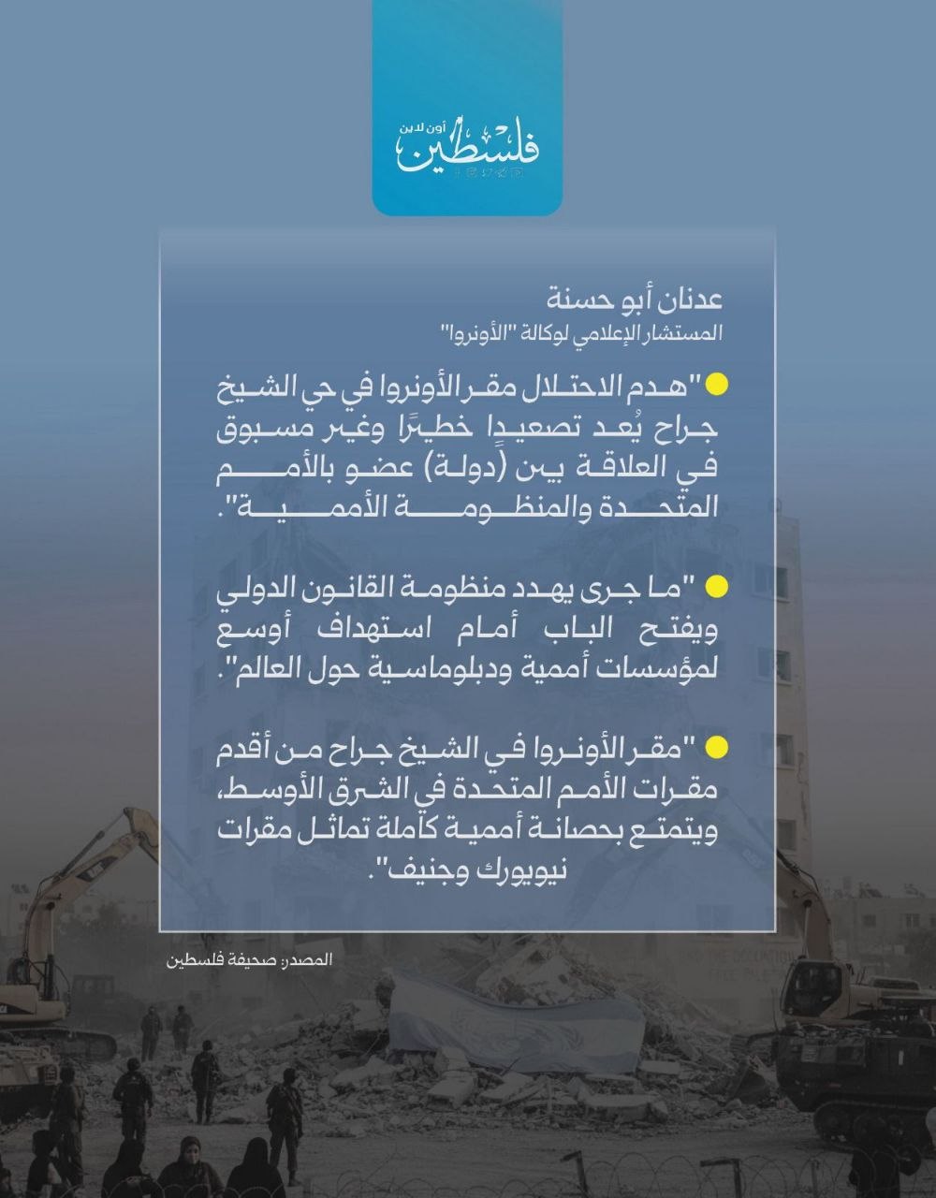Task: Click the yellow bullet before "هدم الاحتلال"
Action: pos(716,384)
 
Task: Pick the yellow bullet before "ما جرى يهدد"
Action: pos(716,587)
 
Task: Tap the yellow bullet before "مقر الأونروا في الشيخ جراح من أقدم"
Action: pos(716,748)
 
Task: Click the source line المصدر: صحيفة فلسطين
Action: pos(250,960)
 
